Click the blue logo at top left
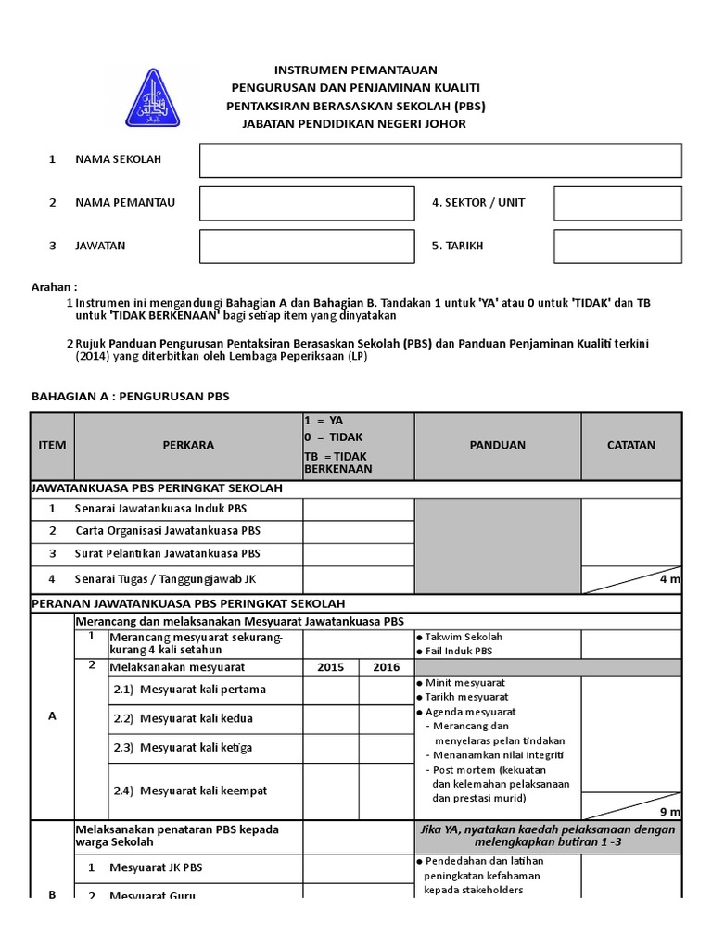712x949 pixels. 153,97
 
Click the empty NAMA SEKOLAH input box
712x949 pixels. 440,160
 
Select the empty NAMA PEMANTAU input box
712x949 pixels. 307,203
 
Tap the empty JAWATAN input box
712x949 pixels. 307,247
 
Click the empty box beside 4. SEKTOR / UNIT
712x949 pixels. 617,203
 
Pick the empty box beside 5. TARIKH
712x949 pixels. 617,247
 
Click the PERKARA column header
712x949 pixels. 188,445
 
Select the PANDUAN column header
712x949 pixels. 497,445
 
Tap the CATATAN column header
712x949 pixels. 630,445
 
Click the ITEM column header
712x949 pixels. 52,445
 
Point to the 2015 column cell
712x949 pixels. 331,667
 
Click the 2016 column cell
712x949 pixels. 387,667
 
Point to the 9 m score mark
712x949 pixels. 669,811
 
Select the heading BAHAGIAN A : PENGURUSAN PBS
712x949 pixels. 130,397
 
